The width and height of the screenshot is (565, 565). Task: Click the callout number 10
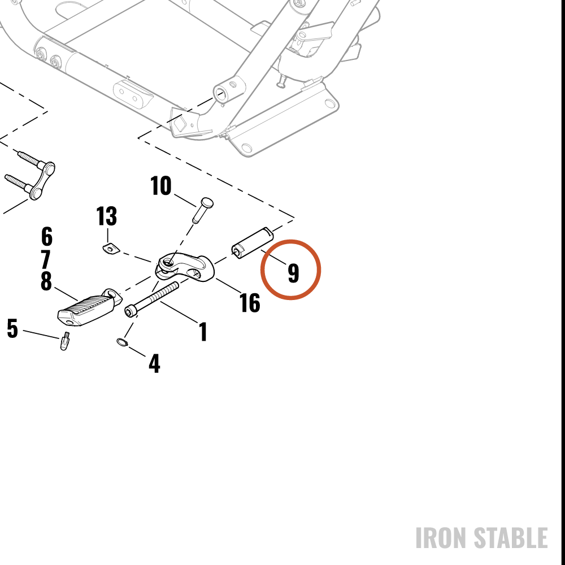click(160, 186)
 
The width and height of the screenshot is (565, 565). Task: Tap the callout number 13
click(107, 216)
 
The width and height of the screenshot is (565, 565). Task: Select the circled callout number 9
click(294, 273)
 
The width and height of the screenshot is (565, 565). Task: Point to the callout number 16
click(250, 302)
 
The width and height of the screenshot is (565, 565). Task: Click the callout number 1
click(203, 332)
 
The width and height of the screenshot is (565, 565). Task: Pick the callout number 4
click(154, 363)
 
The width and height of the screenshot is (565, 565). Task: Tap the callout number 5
click(12, 329)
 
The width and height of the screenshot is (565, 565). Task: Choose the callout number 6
click(47, 236)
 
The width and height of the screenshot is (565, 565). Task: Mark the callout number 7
click(46, 259)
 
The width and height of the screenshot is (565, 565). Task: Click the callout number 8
click(46, 281)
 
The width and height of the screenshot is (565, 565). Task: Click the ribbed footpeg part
click(90, 307)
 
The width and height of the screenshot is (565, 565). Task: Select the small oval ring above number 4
click(123, 342)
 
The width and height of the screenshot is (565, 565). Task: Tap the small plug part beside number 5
click(64, 341)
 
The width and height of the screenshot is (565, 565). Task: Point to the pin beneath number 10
click(202, 210)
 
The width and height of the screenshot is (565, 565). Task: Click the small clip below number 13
click(110, 249)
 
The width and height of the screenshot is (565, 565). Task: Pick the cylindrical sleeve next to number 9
click(252, 243)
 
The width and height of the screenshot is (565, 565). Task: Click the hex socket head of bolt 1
click(131, 311)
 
